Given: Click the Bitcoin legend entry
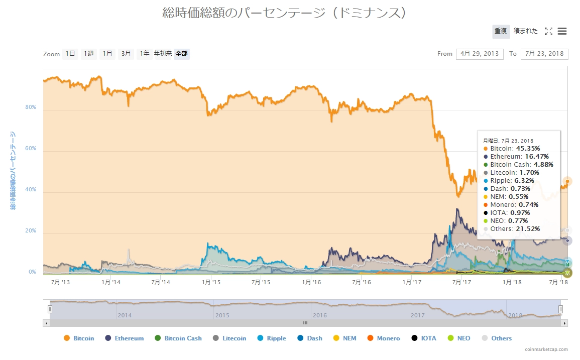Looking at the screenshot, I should tap(79, 338).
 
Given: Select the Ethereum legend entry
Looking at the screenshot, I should tap(124, 338).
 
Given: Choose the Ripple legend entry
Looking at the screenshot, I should tap(272, 338).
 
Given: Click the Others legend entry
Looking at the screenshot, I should tap(497, 338).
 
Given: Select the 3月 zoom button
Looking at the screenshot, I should tap(126, 54).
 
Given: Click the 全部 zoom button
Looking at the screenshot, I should tap(182, 54).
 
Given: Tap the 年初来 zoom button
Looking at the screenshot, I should tap(163, 54).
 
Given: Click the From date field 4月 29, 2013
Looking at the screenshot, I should tap(480, 54).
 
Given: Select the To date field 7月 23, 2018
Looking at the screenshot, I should tap(544, 54).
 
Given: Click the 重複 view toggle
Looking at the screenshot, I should tap(501, 31).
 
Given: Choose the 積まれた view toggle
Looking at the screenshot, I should tap(525, 31).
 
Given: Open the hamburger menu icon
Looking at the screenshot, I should tap(562, 31).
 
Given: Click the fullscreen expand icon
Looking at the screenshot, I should tap(548, 31).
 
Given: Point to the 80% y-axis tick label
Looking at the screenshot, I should tap(31, 107).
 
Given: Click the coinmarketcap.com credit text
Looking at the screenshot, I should tap(547, 349).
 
